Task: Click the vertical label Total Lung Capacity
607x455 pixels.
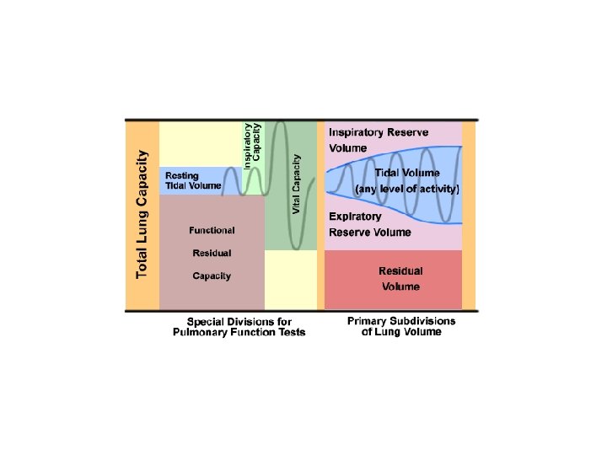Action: pos(142,214)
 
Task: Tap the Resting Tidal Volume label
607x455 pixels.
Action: pos(192,180)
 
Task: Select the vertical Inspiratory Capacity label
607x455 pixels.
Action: pos(252,145)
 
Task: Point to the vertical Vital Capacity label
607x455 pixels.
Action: pos(297,183)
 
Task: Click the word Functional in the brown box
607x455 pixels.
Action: pos(212,229)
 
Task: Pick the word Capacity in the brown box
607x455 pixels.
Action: pos(212,276)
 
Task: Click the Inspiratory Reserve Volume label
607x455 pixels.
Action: pos(379,140)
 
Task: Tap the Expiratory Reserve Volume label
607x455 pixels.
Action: pos(370,225)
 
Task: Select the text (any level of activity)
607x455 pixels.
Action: pos(407,190)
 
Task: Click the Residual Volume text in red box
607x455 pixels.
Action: pos(400,279)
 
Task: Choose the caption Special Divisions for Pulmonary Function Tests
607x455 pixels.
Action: pos(239,327)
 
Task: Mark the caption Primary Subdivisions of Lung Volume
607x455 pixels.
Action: pos(400,326)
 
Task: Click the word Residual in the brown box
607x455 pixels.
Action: pos(212,252)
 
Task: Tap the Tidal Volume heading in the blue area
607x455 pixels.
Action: pos(407,173)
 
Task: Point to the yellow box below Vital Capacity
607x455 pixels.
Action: pos(291,279)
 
